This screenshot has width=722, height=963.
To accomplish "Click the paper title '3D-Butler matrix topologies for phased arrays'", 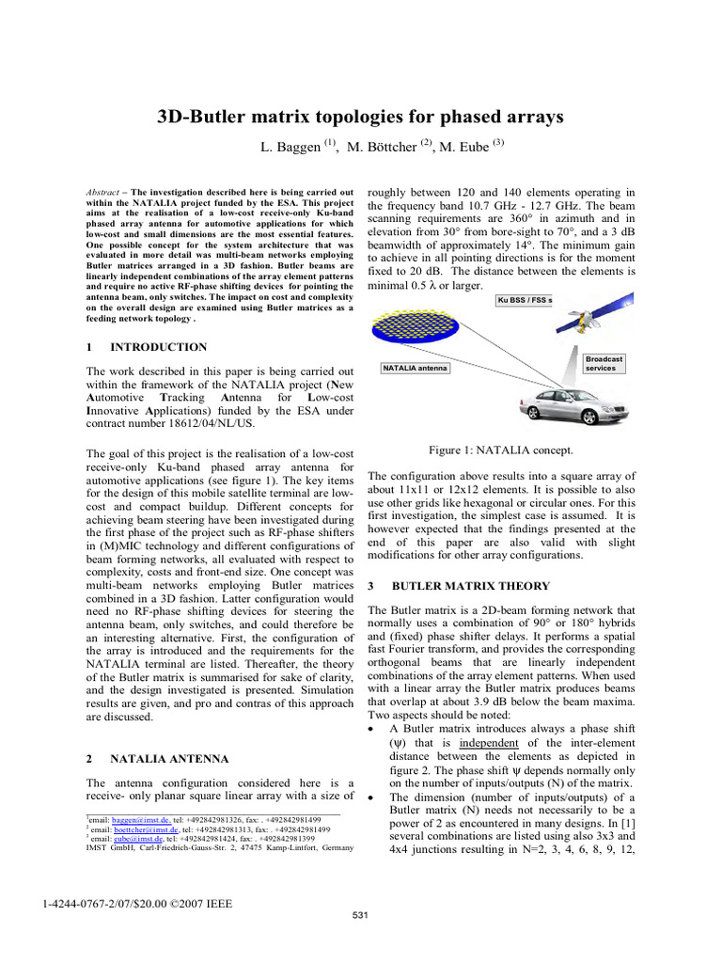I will click(x=359, y=117).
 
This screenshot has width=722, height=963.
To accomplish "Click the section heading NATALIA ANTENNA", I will click(x=168, y=757).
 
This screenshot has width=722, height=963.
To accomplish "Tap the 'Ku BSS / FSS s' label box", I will click(x=525, y=301).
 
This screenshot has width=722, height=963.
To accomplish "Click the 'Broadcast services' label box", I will click(x=604, y=363).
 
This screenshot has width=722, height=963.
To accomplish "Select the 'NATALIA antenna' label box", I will click(x=415, y=368).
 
